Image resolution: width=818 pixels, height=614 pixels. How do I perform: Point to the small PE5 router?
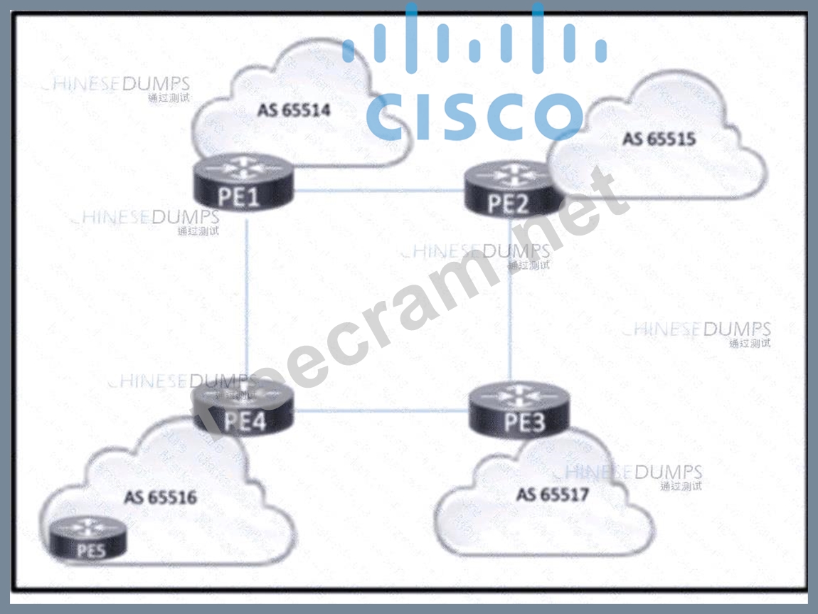pyautogui.click(x=88, y=539)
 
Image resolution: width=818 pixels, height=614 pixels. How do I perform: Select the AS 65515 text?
pyautogui.click(x=659, y=138)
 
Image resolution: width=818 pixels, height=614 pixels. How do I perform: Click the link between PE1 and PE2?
pyautogui.click(x=377, y=191)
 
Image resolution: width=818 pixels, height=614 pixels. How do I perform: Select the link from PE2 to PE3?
pyautogui.click(x=511, y=299)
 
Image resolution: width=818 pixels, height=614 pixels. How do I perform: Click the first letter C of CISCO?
pyautogui.click(x=388, y=117)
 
